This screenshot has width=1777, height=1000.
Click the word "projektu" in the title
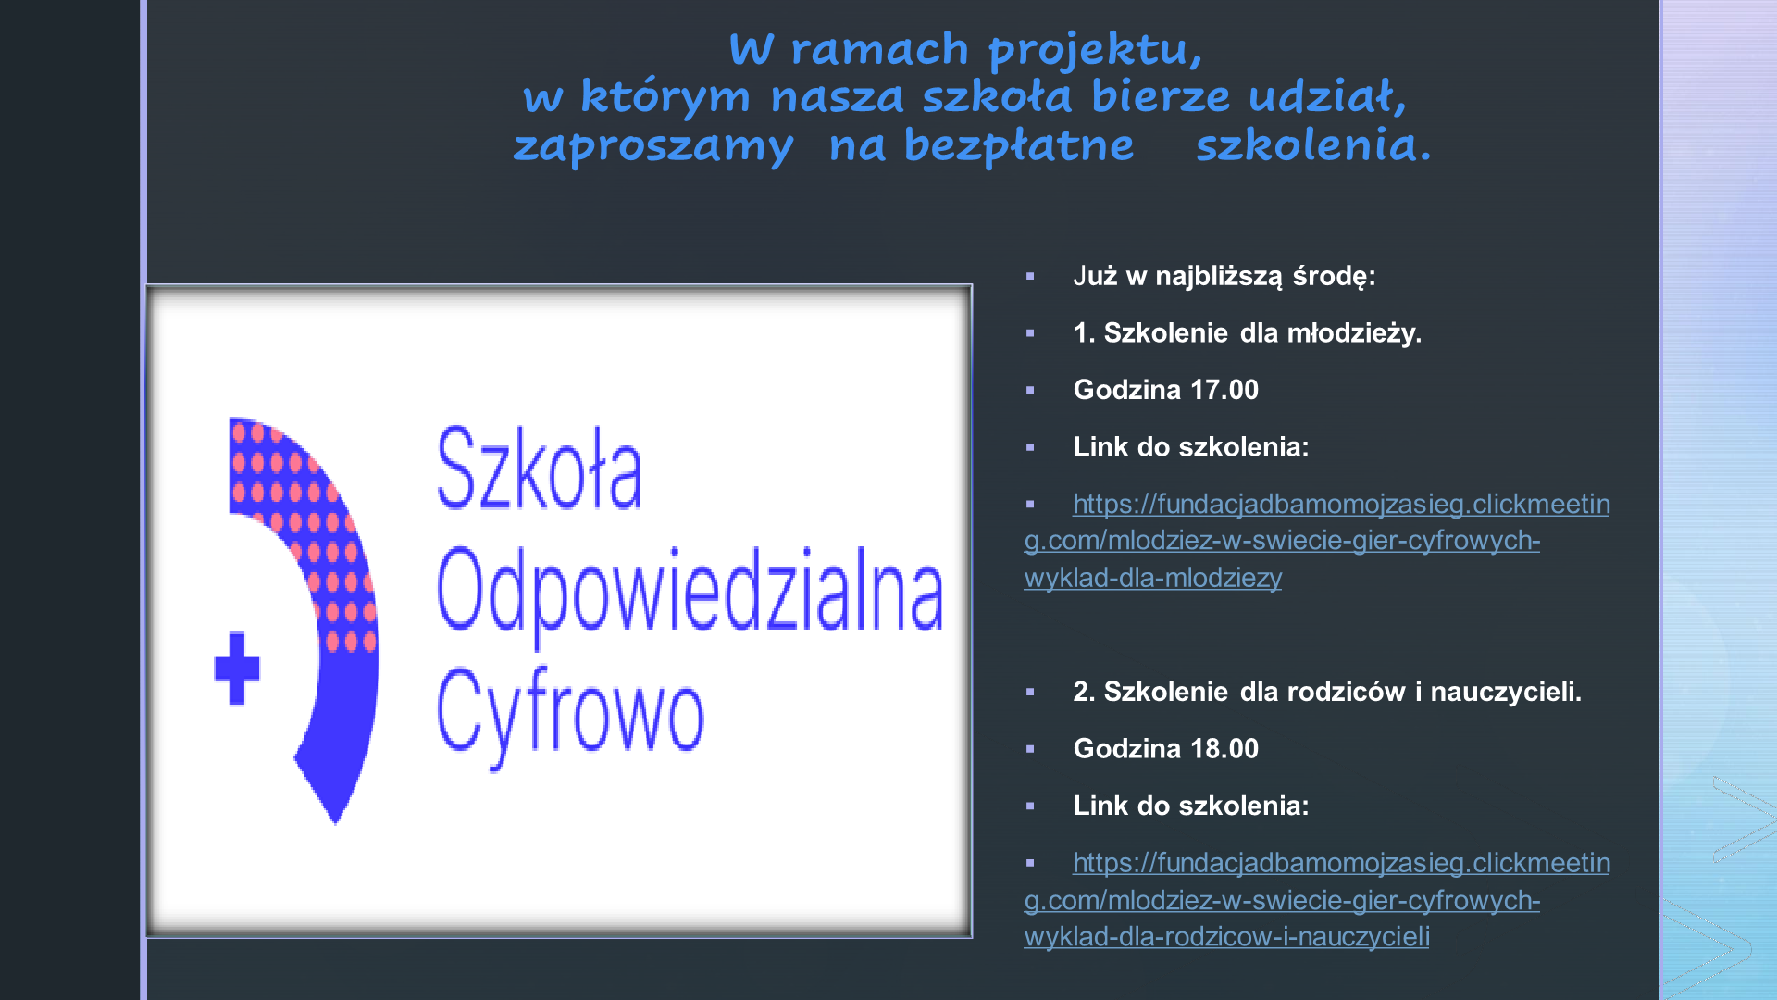1096,50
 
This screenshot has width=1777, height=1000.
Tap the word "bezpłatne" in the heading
1019,144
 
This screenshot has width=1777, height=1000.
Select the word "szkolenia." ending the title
1313,144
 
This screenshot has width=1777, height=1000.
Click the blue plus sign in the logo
237,668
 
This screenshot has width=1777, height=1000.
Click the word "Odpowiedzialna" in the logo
690,593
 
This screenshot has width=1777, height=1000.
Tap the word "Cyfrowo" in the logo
570,715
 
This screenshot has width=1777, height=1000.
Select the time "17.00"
1224,390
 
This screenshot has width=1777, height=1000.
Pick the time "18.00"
1224,748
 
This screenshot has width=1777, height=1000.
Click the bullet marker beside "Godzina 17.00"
1030,391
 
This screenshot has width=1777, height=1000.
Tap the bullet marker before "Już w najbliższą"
1030,276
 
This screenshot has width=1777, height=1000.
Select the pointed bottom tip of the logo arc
335,823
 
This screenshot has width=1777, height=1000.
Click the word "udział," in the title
1327,96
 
